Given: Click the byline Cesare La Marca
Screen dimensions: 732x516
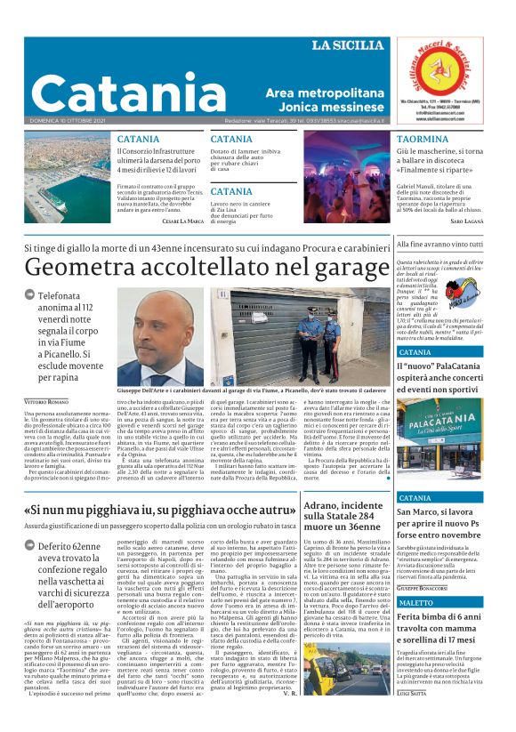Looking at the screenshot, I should pos(183,220).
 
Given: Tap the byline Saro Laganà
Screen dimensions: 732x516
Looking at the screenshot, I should pos(467,220).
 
